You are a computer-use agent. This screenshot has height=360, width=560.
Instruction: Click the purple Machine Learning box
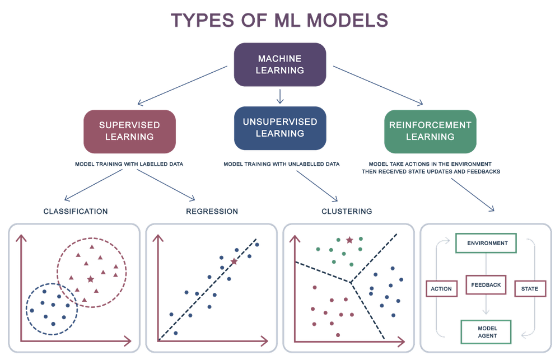tap(280, 64)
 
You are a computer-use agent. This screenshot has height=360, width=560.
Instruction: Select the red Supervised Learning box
tap(129, 130)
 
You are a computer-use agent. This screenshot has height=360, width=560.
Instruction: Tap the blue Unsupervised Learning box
tap(280, 128)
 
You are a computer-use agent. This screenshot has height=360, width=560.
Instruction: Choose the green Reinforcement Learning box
tap(430, 130)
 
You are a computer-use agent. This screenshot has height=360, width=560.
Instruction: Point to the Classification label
tap(75, 212)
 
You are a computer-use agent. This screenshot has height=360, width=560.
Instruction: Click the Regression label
tap(212, 212)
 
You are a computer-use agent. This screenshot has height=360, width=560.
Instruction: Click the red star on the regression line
tap(234, 261)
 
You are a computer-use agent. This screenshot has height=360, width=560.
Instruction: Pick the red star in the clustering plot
tap(350, 240)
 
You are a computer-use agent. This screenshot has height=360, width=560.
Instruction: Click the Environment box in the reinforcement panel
tap(486, 243)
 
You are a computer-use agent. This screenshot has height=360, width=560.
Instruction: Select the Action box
tap(442, 287)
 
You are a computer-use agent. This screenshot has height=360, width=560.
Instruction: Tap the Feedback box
tap(487, 285)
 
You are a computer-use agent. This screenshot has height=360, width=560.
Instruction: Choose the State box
tap(530, 288)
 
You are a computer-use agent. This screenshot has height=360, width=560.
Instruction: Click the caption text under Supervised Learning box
tap(129, 165)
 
